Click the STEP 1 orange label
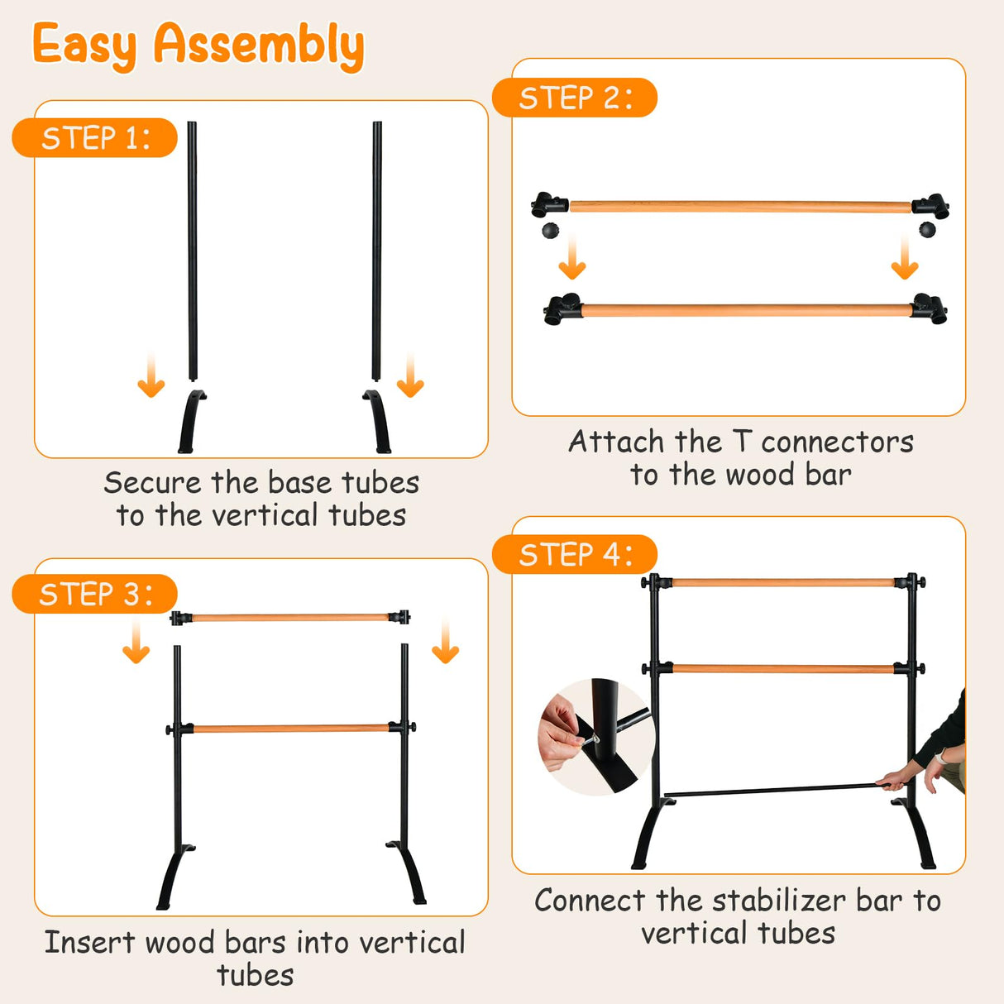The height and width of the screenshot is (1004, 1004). pos(94,137)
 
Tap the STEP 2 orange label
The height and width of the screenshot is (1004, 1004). pos(574,98)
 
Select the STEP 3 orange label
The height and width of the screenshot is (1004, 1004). pos(94,594)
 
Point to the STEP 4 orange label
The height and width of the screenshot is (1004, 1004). pos(574,554)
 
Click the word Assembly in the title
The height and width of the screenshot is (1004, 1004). pos(258,45)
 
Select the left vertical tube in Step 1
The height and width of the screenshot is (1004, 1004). pos(192,248)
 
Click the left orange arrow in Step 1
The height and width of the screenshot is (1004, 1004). pos(151,376)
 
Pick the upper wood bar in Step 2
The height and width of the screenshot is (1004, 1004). pos(740,206)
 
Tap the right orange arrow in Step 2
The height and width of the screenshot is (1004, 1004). pos(905,259)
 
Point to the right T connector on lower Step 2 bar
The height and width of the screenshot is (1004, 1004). pos(930,309)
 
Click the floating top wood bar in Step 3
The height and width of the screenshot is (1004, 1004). pos(289,617)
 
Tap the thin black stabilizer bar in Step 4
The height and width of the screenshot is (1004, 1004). pos(769,791)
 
